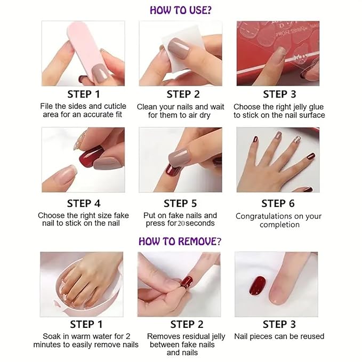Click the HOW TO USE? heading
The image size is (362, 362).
click(x=181, y=10)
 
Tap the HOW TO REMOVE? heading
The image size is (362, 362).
click(x=180, y=241)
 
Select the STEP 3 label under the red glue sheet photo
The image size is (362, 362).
click(x=275, y=94)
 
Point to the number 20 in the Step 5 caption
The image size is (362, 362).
click(x=182, y=224)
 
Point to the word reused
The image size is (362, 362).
click(x=312, y=336)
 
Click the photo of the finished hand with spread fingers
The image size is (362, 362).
click(x=278, y=159)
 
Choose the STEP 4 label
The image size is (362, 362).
click(x=83, y=203)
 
